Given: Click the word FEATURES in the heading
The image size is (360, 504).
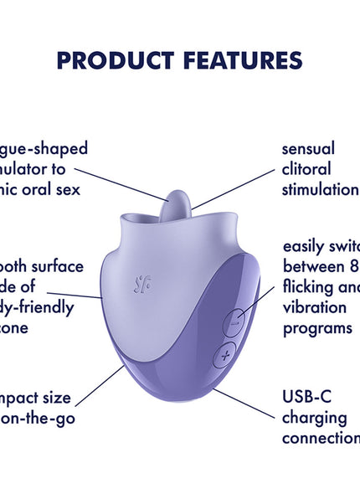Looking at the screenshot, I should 239,60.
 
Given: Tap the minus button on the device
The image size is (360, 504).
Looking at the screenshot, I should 235,321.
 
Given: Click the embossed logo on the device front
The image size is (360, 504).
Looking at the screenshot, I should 144,285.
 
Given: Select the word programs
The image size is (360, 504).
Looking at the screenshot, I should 317,327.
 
